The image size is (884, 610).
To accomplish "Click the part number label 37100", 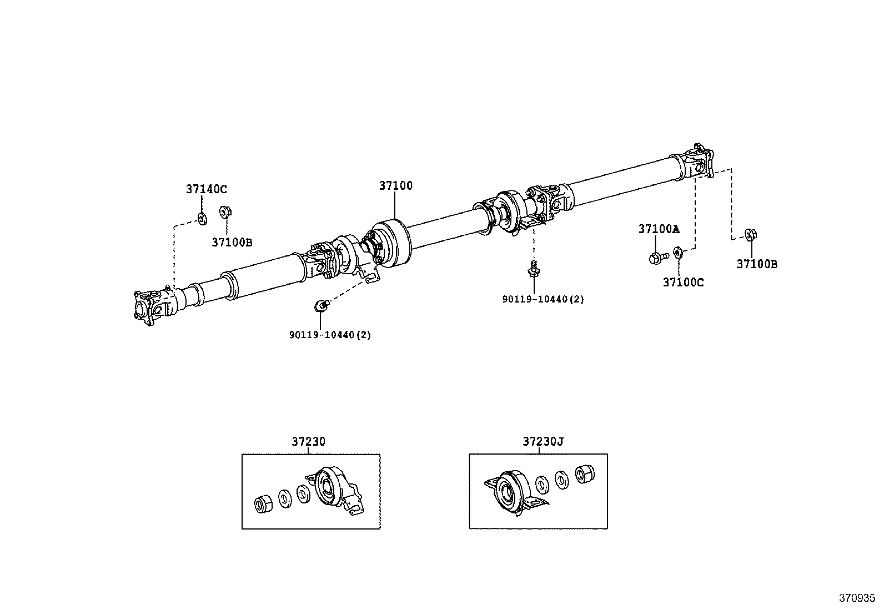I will coord(396,186).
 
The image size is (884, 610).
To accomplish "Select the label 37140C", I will coord(206,189).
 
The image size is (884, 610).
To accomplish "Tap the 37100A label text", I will coord(659,229).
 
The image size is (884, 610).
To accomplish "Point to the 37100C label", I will coord(683,283).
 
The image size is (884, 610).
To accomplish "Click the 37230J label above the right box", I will coord(543,442).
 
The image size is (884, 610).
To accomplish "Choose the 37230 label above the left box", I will coord(308,442).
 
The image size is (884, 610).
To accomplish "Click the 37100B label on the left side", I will coord(232,242).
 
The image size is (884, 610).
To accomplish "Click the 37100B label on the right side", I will coord(757,264).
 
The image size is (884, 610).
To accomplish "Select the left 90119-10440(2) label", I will coord(330,335).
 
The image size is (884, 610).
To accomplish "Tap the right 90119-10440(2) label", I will coord(543,299).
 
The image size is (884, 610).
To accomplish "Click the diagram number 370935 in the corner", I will coord(856,599).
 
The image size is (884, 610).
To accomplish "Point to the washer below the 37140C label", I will coord(202,218).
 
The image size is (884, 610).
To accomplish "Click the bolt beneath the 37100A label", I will coord(657,258).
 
